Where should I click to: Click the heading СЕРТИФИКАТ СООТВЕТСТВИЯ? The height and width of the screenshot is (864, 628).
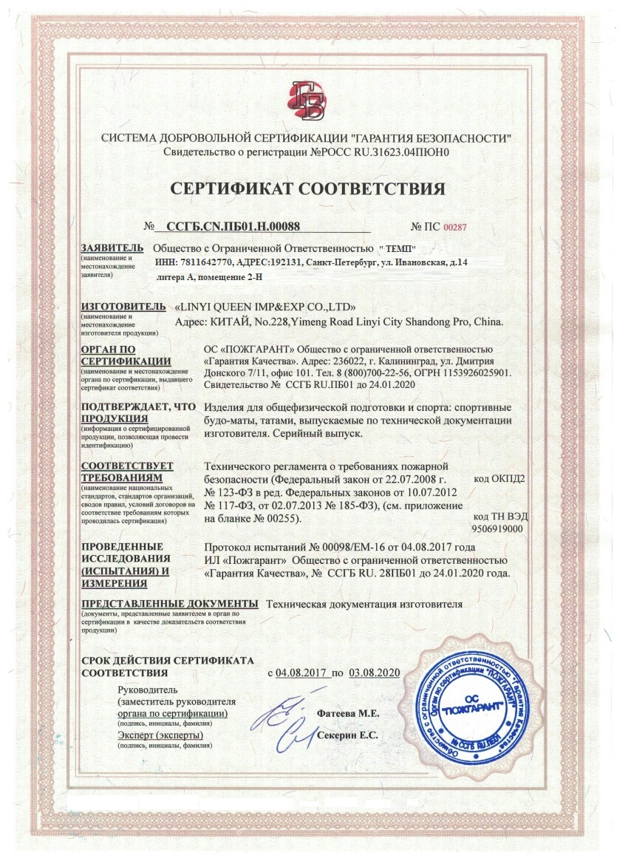click(x=308, y=188)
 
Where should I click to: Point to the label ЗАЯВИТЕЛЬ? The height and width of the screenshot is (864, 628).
click(x=112, y=248)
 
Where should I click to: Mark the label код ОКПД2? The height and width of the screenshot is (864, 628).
click(x=498, y=479)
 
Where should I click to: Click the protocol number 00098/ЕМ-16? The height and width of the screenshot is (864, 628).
click(x=344, y=547)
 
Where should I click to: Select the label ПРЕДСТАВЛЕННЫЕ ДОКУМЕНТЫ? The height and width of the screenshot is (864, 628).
click(x=169, y=604)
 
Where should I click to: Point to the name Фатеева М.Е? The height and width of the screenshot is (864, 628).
click(x=347, y=714)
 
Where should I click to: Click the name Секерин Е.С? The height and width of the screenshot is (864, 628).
click(x=347, y=736)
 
